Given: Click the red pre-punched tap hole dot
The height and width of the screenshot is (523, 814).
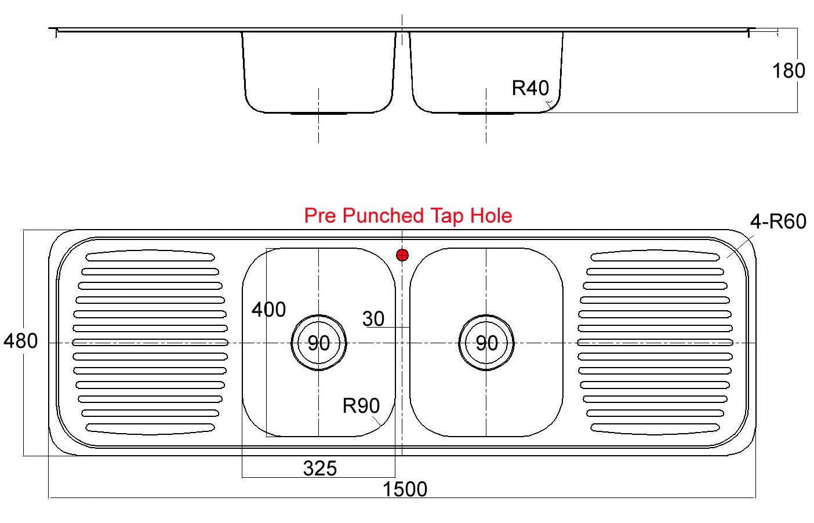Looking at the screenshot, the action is pos(402,255).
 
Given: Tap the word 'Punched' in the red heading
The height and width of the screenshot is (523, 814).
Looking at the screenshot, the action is pos(383,216).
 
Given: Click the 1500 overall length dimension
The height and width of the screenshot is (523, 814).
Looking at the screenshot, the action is pos(405,489).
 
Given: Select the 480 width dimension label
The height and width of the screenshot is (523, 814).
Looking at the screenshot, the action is pos(21,341).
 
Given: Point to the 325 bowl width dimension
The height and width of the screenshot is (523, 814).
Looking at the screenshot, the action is pos(320,468).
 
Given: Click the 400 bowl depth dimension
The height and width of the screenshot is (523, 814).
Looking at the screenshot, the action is pos(268,310).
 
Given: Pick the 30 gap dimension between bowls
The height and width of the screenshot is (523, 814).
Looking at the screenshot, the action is pos(373,319).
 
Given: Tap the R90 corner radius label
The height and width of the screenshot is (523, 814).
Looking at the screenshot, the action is pos(361,406).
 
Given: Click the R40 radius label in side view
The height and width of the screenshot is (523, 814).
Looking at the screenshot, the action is pos(530,88).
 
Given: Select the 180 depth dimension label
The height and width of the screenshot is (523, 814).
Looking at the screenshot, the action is pos(788,71).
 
